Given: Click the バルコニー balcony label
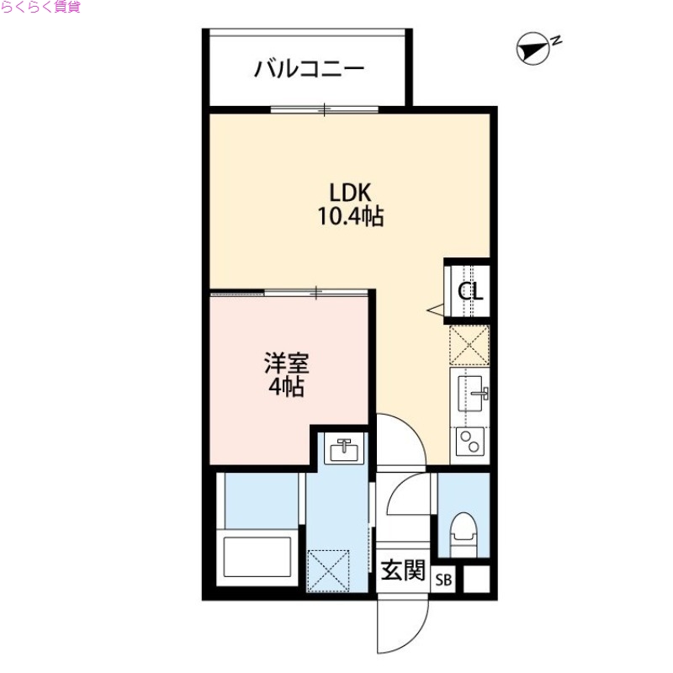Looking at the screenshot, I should click(x=310, y=68).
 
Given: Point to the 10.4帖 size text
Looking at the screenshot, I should click(x=350, y=218).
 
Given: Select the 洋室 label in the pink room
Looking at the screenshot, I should click(x=287, y=365).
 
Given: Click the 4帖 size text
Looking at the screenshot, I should click(x=287, y=389).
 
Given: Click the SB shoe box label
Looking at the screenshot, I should click(x=444, y=580).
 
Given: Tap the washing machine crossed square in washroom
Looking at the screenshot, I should click(x=331, y=570).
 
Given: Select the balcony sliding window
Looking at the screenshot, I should click(x=325, y=109).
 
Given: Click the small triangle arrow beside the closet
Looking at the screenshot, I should click(x=436, y=311).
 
